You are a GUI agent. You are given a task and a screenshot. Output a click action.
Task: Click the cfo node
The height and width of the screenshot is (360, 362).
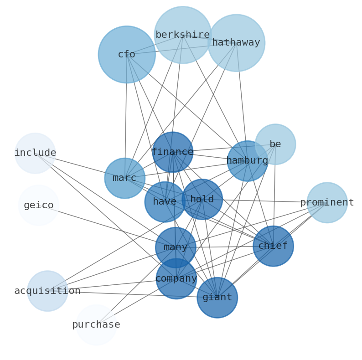tap(127, 55)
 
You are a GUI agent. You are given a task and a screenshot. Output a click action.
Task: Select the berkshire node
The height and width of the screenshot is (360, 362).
tap(182, 35)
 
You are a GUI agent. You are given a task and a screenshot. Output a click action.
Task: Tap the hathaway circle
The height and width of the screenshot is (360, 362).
tap(236, 43)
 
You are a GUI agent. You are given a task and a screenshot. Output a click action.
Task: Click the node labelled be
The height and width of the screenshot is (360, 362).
tap(275, 144)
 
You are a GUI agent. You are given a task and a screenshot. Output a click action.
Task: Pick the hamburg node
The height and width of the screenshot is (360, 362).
tap(248, 161)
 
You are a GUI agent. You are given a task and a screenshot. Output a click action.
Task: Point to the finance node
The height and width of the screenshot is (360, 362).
tap(173, 152)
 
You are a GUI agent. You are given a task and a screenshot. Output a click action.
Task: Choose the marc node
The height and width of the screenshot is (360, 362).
tap(125, 178)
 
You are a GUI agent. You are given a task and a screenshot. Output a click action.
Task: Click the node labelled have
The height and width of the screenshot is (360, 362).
tap(165, 202)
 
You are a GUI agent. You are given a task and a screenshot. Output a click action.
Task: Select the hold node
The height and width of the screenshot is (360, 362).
tap(202, 200)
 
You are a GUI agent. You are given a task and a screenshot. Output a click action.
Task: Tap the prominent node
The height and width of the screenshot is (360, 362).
tap(327, 203)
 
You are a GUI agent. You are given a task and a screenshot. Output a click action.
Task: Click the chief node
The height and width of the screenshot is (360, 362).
tap(273, 246)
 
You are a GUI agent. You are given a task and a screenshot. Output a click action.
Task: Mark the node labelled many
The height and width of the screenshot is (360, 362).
tap(176, 247)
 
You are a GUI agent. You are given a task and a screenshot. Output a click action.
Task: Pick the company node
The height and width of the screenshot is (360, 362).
tap(176, 279)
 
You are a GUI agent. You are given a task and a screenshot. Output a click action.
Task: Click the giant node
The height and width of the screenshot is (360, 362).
tap(217, 298)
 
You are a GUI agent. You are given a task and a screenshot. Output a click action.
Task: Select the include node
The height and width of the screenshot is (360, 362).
tap(35, 153)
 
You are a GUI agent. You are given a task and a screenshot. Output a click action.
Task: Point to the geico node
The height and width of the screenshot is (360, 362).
tap(39, 206)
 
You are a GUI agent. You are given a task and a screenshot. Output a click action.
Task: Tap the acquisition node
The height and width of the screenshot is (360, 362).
tap(47, 291)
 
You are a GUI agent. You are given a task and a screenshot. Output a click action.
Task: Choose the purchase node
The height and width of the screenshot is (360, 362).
tap(96, 325)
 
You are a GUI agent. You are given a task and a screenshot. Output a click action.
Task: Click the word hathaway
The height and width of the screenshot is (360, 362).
tap(236, 43)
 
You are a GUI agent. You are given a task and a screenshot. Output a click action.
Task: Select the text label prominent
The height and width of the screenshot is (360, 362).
tap(327, 203)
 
